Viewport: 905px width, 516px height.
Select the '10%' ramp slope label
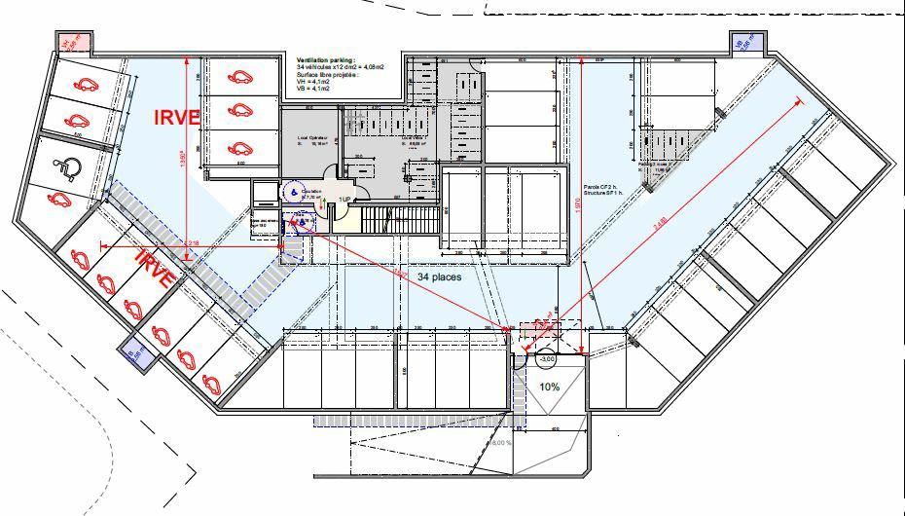point(550,386)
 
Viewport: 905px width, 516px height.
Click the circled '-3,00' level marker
point(547,359)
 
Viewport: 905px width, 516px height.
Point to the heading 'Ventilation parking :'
point(325,59)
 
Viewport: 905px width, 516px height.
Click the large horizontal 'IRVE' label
point(177,117)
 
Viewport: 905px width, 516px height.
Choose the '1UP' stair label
point(344,199)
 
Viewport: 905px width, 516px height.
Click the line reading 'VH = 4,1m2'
point(312,81)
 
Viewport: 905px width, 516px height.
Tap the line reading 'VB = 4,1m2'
point(312,89)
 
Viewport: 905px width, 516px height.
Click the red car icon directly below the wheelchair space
point(56,201)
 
